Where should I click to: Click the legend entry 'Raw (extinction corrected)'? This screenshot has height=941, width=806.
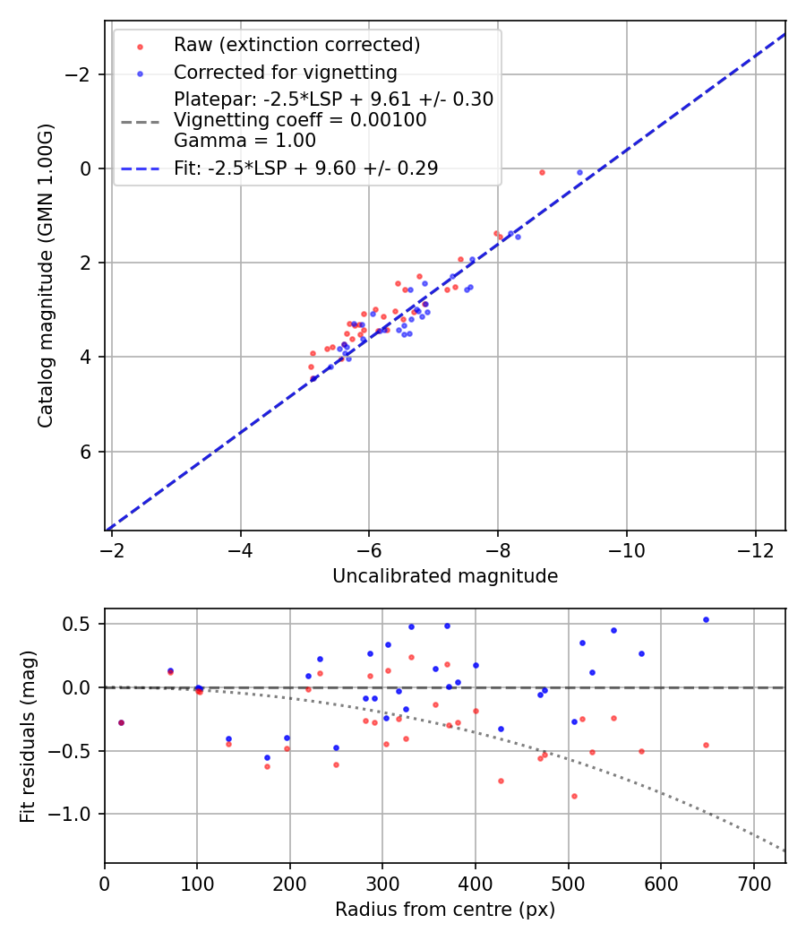(296, 45)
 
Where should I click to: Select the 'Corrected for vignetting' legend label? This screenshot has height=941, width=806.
(285, 72)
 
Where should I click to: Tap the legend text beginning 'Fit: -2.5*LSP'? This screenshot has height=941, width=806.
(305, 168)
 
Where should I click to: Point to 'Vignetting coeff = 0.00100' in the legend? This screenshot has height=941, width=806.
(300, 120)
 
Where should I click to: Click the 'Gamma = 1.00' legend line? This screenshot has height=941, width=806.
(244, 141)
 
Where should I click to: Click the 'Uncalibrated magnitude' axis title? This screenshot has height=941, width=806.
(445, 576)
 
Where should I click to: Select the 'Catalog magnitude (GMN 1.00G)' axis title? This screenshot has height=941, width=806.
(46, 275)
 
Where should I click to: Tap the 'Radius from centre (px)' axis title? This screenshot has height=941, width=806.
(445, 910)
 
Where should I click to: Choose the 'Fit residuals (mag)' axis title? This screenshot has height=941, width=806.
(28, 735)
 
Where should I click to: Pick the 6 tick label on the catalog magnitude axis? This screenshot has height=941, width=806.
(87, 452)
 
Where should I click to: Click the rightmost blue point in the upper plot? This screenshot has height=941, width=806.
(579, 172)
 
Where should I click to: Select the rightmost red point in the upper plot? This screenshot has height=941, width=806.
(542, 172)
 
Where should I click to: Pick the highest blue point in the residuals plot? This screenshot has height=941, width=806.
(706, 619)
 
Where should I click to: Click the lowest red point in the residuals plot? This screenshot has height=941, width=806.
(574, 796)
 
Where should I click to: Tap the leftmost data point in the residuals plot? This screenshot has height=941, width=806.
(121, 722)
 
